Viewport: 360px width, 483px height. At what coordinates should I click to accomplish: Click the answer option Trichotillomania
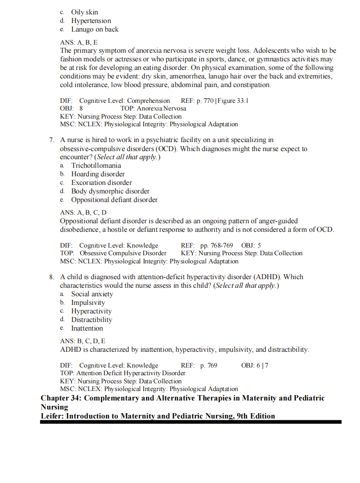96,166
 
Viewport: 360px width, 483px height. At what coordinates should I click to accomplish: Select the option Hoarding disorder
97,174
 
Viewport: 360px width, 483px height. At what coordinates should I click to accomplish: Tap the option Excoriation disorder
101,183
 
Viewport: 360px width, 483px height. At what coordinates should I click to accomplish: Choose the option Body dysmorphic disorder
110,191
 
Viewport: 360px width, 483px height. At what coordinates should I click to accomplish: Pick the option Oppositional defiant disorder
114,200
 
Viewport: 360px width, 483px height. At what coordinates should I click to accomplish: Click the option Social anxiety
92,294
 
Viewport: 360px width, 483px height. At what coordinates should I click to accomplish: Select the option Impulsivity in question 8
88,303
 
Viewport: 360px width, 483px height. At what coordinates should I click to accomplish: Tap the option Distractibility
92,320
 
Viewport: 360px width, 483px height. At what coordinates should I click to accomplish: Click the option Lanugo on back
95,29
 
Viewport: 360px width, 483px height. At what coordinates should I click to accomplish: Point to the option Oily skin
84,12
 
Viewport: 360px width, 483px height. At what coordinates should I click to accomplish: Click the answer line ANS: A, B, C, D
83,212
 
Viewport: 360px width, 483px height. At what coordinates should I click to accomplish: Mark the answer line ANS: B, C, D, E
83,341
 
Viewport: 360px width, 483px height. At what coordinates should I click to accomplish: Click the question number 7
52,140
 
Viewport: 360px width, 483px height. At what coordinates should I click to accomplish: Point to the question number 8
52,277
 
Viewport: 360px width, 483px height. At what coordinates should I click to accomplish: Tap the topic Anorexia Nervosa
162,108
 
